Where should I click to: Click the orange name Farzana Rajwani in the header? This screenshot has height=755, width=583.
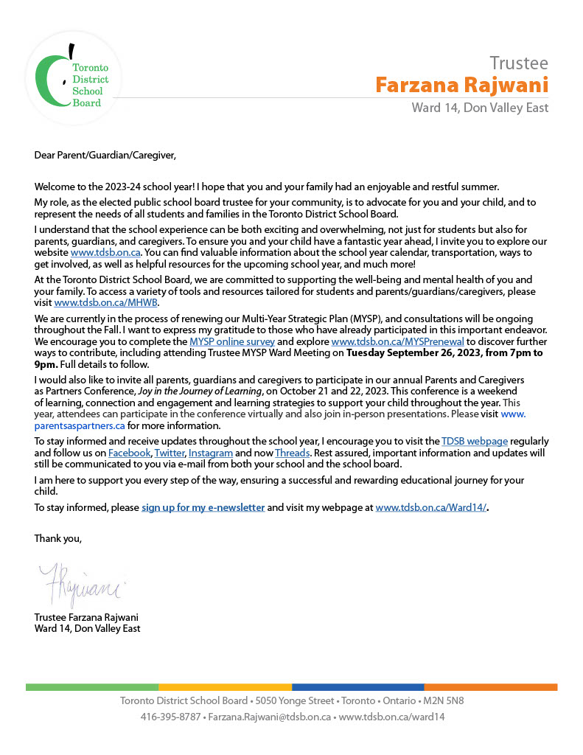(x=461, y=85)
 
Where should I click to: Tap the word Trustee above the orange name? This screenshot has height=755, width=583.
(x=519, y=63)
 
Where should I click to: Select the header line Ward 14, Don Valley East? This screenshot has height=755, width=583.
(x=479, y=108)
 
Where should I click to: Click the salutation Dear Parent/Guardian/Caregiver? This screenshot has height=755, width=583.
(x=105, y=155)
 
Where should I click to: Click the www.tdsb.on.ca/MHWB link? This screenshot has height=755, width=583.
(x=106, y=302)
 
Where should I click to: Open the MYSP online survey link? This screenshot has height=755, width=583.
(x=232, y=342)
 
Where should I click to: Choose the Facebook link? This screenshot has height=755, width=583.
(x=130, y=452)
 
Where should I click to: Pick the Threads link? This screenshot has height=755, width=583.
(x=293, y=452)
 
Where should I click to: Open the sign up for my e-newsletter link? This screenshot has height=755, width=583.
(x=203, y=508)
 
